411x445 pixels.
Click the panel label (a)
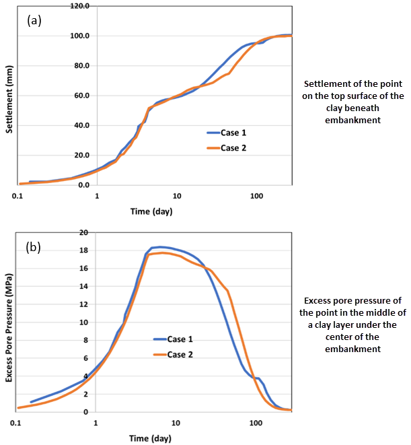coord(34,20)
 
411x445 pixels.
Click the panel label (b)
coord(34,247)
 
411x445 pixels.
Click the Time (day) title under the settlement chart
coord(153,211)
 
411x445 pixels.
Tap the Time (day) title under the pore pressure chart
coord(153,438)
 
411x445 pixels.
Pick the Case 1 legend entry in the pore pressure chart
coord(177,341)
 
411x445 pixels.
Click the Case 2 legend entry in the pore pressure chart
coord(177,355)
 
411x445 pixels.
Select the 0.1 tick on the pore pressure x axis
coord(17,423)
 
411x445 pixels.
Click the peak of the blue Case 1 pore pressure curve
coord(161,247)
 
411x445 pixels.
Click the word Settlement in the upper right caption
coord(329,84)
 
